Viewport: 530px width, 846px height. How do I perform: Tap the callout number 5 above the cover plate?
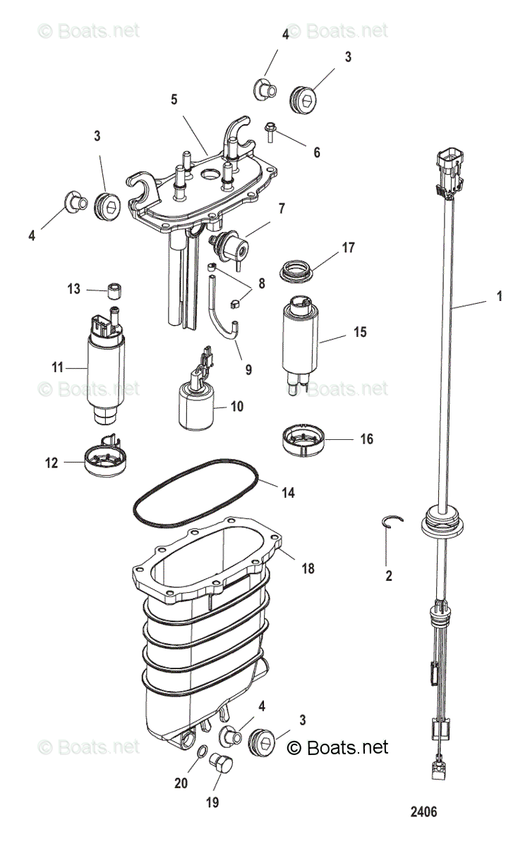pos(174,99)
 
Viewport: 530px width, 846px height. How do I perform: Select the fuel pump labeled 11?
pos(105,370)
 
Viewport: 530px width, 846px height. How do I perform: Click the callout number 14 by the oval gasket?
pos(287,493)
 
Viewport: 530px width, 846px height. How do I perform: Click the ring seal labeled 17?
pos(299,269)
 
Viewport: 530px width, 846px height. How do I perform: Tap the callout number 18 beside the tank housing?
pos(307,568)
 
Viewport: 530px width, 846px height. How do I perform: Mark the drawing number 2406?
pos(424,811)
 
